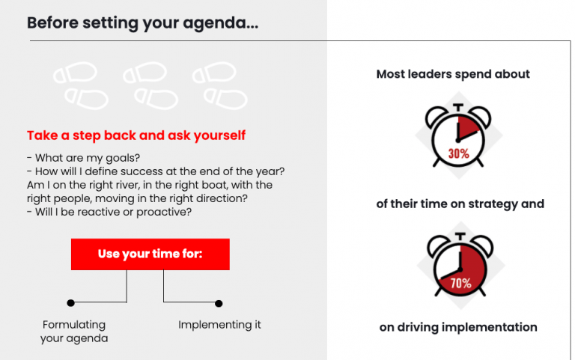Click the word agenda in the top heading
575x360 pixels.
tap(223, 23)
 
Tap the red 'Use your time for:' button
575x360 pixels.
tap(150, 254)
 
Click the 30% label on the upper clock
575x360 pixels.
tap(458, 153)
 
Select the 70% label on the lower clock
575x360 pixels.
tap(460, 284)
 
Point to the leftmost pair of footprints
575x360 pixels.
tap(80, 85)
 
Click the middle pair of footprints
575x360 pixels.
tap(150, 85)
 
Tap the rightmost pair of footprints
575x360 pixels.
tap(218, 85)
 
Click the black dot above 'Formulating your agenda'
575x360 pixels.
tap(70, 303)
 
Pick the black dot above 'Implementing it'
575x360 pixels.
tap(219, 303)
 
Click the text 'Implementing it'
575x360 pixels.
tap(219, 325)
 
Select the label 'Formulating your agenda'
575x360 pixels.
tap(74, 332)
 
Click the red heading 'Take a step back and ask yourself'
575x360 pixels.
tap(136, 136)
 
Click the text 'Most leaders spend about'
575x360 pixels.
tap(453, 74)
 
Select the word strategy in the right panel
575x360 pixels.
tap(495, 204)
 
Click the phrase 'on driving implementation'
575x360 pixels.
tap(458, 327)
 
